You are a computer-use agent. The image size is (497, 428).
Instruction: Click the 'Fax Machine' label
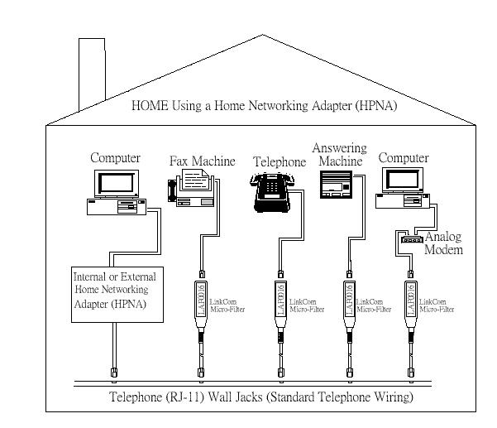pyautogui.click(x=203, y=161)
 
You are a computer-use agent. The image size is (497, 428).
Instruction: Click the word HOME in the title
pyautogui.click(x=151, y=106)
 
